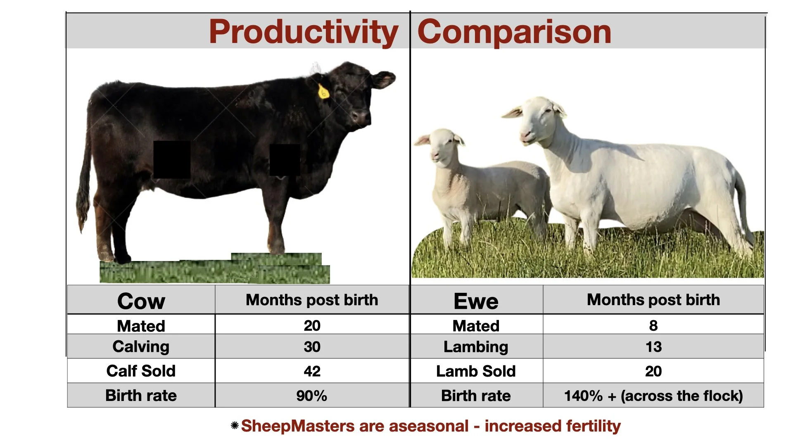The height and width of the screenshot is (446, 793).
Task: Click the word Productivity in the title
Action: (303, 32)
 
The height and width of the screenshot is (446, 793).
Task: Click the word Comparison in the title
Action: (514, 32)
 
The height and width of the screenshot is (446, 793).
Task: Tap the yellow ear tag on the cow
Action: (323, 91)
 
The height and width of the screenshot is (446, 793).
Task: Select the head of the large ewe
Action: (537, 120)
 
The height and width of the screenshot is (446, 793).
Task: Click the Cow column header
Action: (141, 301)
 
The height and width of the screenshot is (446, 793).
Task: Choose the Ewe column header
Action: (476, 301)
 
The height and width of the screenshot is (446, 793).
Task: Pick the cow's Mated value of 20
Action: (312, 325)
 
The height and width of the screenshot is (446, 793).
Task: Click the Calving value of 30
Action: (312, 346)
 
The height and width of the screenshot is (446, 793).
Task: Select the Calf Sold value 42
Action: (312, 371)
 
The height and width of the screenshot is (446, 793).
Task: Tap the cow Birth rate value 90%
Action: (311, 396)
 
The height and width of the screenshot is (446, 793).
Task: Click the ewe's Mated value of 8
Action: (653, 325)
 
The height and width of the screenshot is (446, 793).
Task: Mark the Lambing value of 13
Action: (653, 346)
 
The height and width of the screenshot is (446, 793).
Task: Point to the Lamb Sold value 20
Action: (653, 371)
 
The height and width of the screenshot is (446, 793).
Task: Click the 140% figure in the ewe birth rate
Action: (583, 396)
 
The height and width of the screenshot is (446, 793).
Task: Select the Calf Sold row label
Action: (141, 371)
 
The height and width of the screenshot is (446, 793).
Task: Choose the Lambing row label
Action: (476, 346)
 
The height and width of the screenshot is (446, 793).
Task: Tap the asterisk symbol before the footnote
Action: (235, 425)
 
